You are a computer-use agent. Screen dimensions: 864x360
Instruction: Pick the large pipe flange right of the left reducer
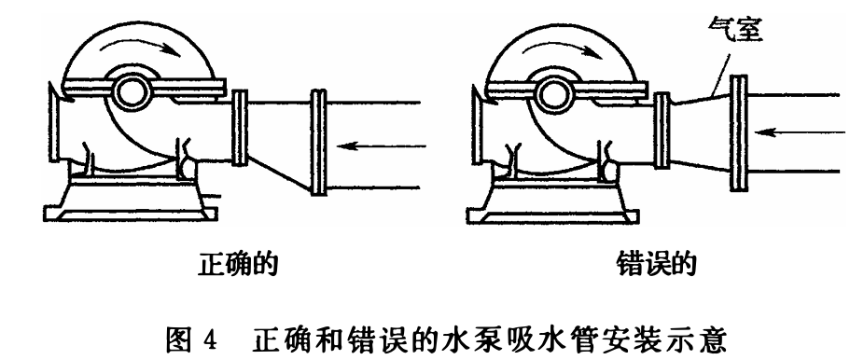pyautogui.click(x=320, y=140)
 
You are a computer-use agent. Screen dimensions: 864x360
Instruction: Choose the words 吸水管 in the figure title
pyautogui.click(x=488, y=333)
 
